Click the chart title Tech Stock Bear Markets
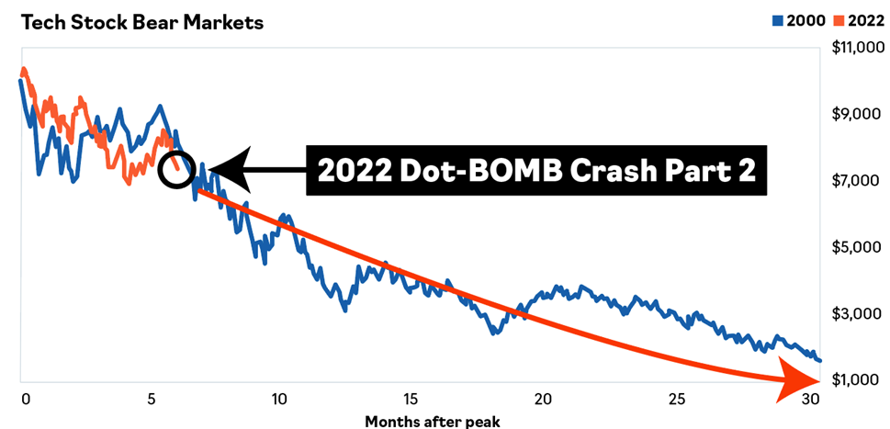click(141, 23)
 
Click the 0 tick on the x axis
click(25, 400)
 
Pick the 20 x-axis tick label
click(543, 400)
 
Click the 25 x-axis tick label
click(675, 400)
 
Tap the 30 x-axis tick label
click(808, 400)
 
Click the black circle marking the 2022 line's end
click(175, 168)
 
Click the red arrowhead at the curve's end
click(797, 378)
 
